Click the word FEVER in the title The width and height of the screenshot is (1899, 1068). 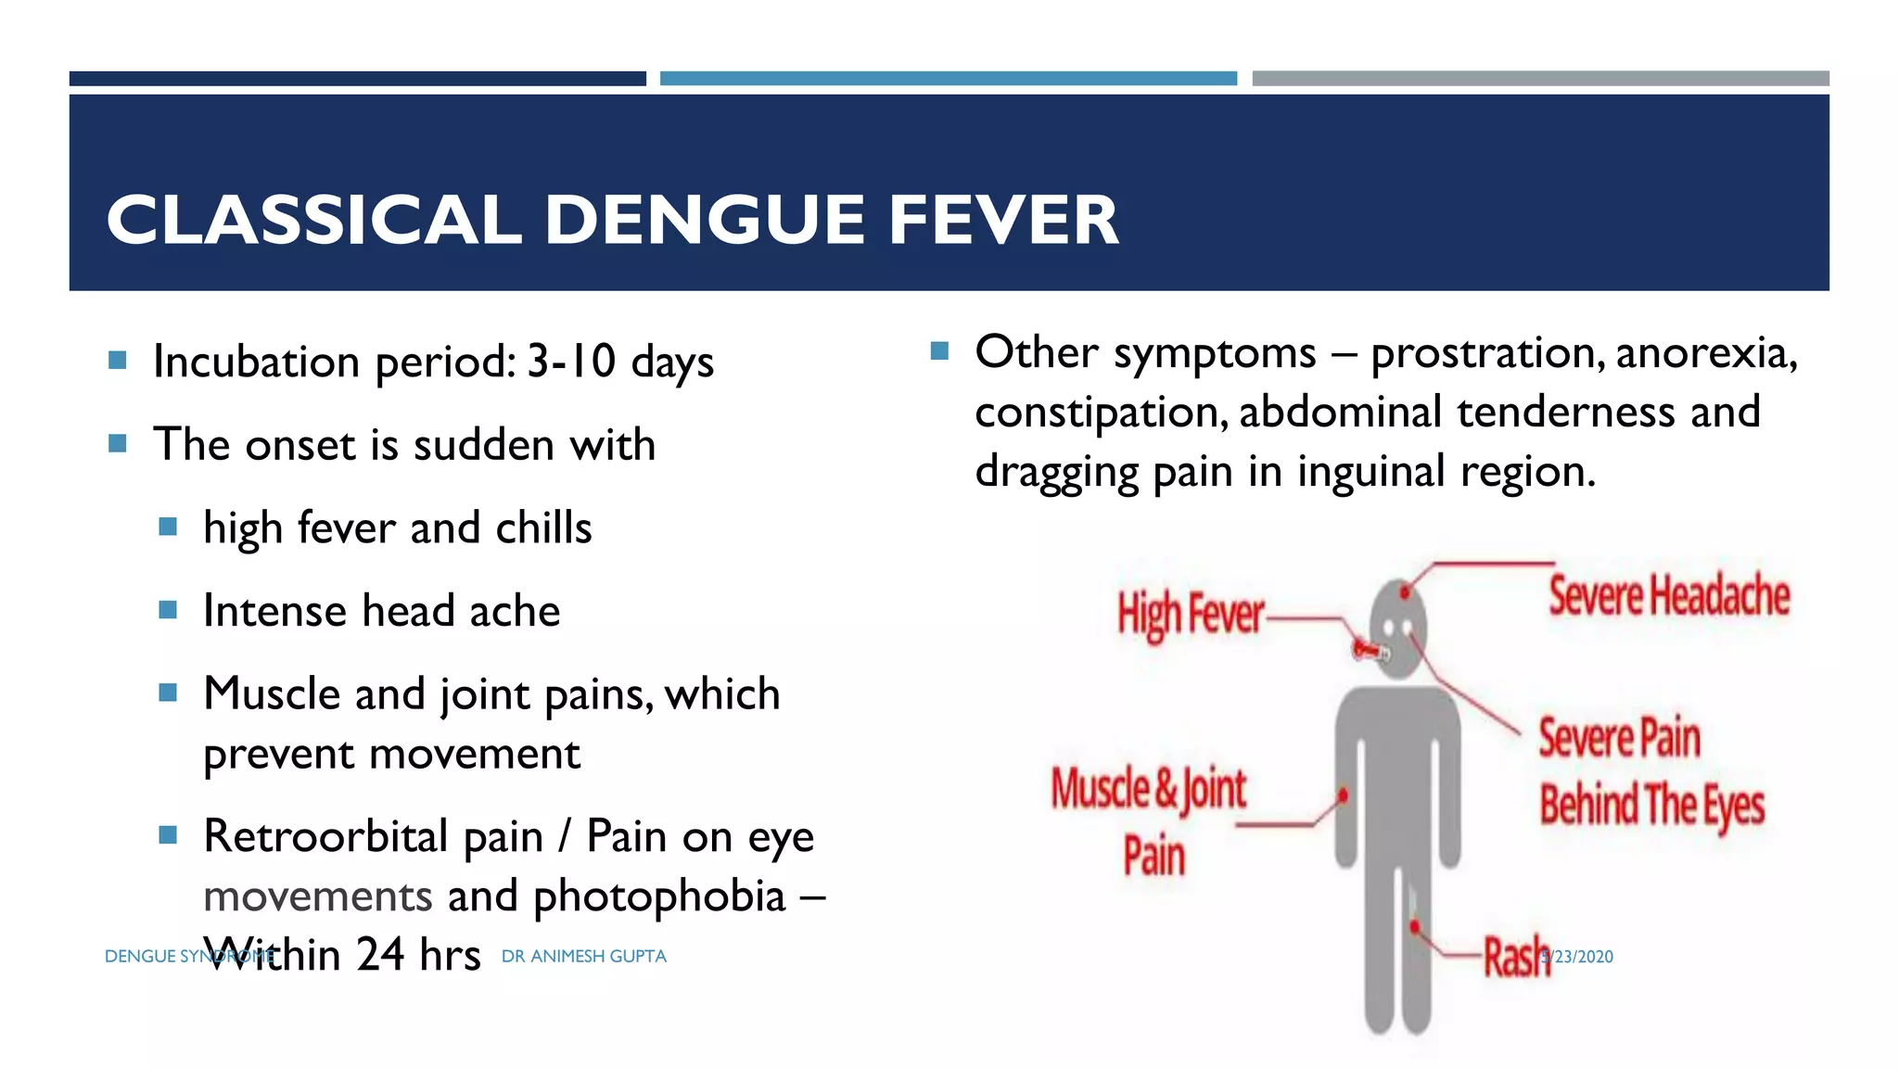(x=1003, y=220)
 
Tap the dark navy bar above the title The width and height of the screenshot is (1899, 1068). (x=357, y=79)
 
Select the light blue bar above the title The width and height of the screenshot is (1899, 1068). (x=948, y=79)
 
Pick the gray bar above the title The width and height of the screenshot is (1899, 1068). (x=1540, y=79)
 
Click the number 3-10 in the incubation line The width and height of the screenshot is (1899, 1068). (x=571, y=362)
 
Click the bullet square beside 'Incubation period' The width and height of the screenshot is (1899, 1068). (x=118, y=360)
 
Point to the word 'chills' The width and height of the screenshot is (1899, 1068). (x=543, y=528)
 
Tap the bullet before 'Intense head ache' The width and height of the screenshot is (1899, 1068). (x=168, y=610)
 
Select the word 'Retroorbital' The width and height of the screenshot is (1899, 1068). (x=326, y=836)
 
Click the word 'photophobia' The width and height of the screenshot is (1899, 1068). (x=659, y=896)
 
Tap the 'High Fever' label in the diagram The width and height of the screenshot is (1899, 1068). (x=1190, y=615)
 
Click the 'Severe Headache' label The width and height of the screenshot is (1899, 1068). (x=1669, y=595)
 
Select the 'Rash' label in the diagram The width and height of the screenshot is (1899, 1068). (x=1514, y=957)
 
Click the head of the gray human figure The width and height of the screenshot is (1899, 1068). (x=1398, y=626)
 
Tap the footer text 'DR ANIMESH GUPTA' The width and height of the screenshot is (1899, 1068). (x=583, y=957)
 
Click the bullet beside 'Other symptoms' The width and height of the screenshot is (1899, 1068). (x=939, y=351)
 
